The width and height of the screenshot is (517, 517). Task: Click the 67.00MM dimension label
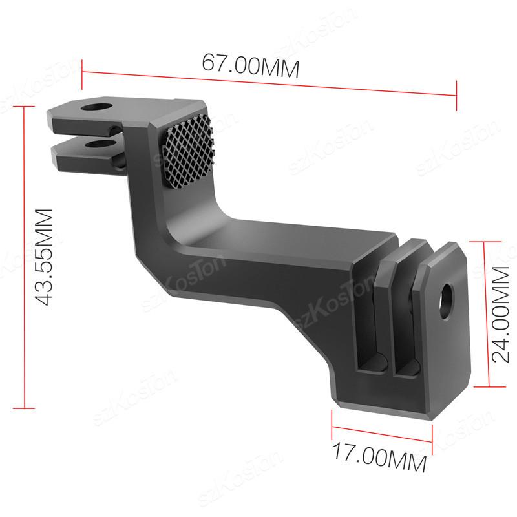tap(251, 66)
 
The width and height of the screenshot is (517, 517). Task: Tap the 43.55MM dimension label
tap(43, 257)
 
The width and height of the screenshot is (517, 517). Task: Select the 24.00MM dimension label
tap(500, 314)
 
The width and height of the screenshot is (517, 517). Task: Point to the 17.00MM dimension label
tap(379, 457)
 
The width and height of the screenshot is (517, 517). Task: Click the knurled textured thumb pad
tap(189, 152)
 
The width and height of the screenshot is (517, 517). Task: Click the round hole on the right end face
tap(447, 301)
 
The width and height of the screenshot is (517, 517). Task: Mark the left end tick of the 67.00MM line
tap(82, 74)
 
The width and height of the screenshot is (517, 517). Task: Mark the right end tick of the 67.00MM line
tap(456, 95)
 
